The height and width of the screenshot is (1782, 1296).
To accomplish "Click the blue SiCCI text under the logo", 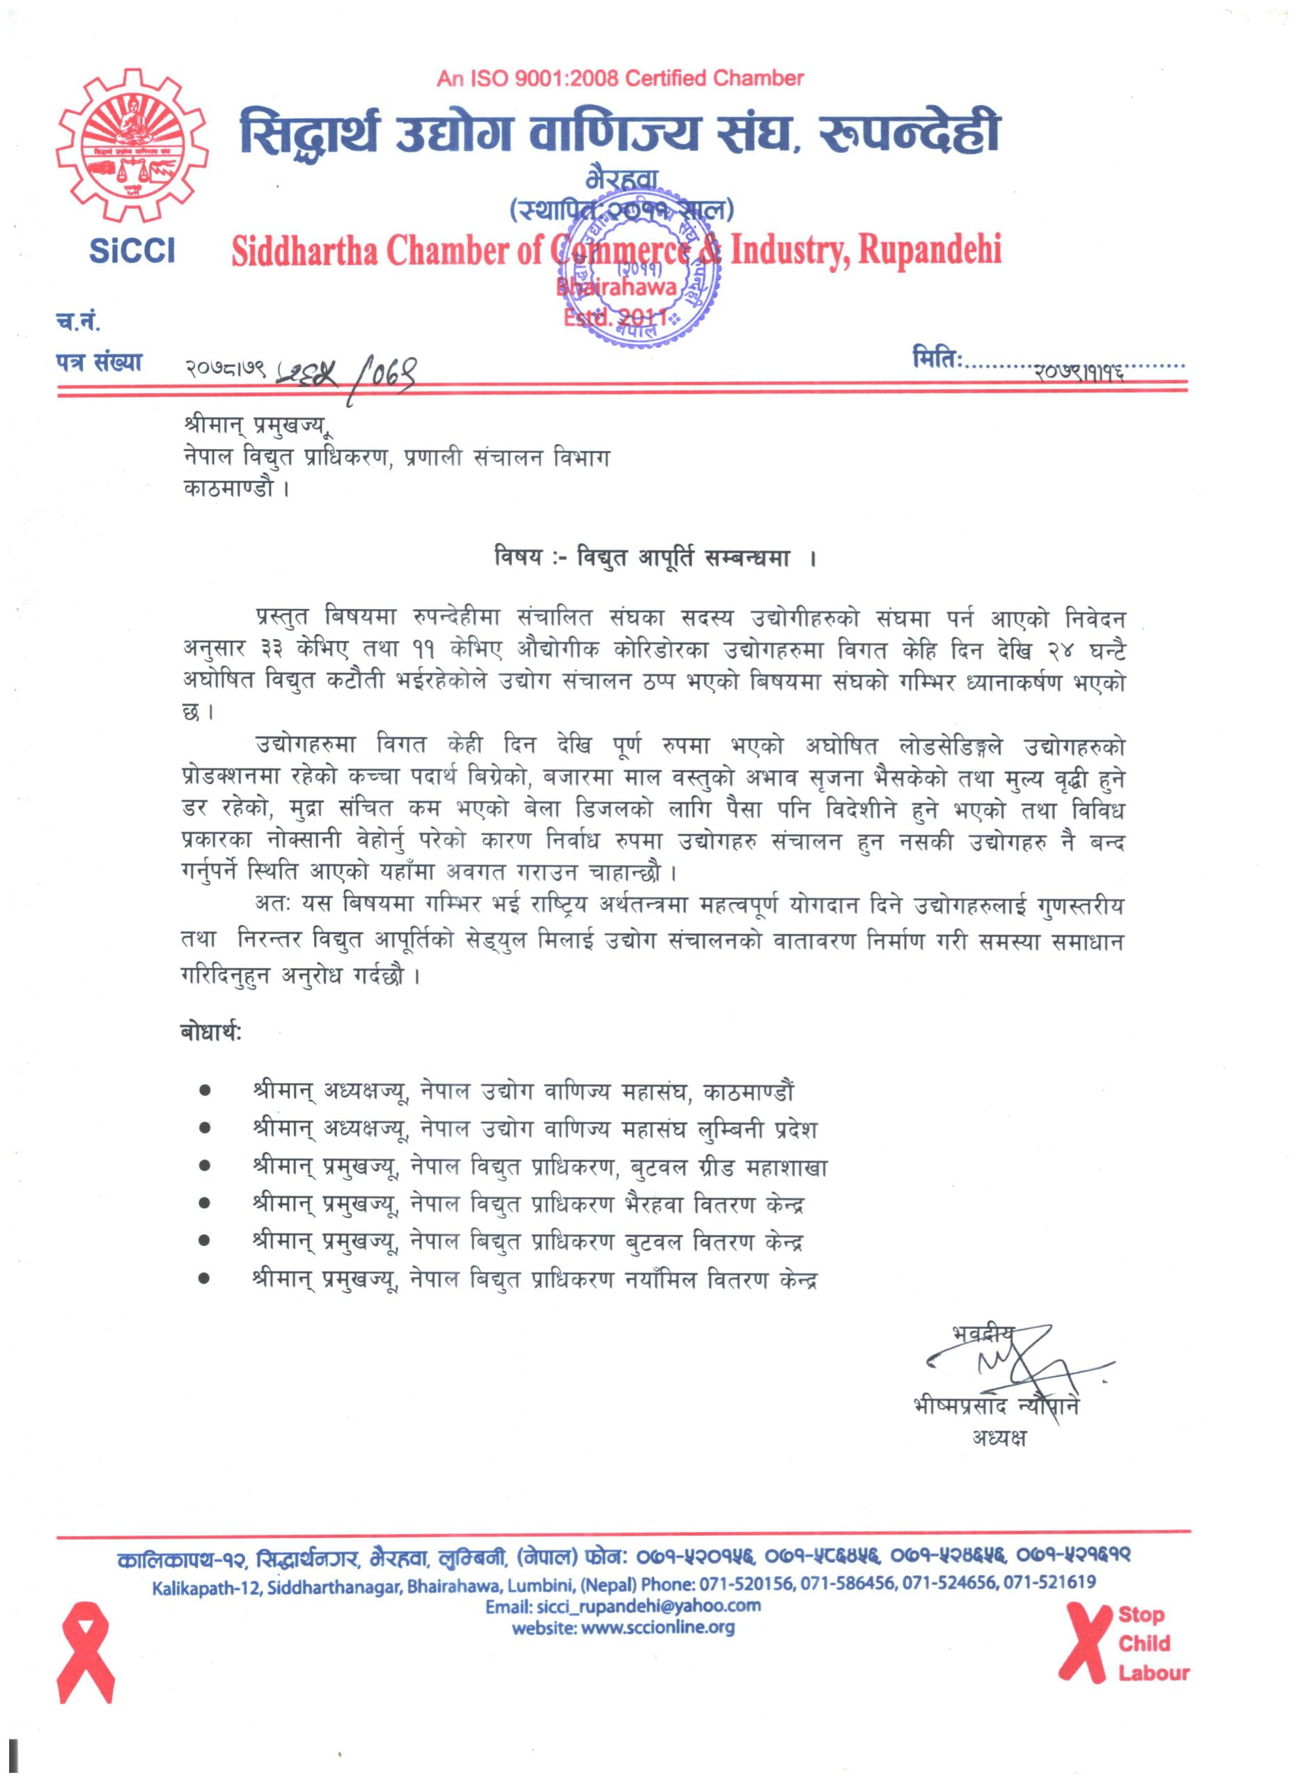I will point(132,251).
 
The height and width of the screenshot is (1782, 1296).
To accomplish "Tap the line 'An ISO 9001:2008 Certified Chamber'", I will point(620,79).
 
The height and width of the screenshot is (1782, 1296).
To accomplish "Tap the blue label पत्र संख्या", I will point(99,363).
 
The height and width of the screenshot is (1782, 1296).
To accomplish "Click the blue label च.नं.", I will point(78,321).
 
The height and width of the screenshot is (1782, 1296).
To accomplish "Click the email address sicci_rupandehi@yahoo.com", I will point(623,1605).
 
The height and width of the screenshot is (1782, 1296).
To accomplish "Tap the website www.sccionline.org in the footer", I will point(623,1627).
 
